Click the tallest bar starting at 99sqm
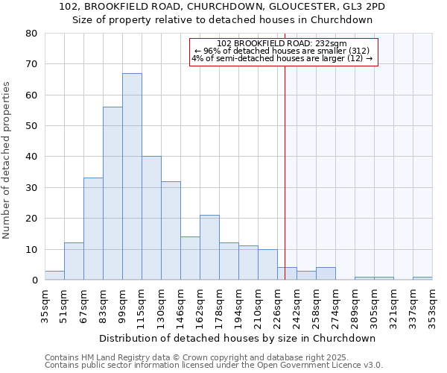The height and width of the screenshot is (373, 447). pos(132,177)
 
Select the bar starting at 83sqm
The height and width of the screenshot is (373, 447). pos(112,193)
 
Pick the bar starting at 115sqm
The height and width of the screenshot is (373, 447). pos(151,218)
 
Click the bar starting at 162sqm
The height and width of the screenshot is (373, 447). pos(209,248)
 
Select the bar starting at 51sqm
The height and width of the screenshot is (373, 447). pos(74,261)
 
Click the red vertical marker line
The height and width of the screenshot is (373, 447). pos(285,186)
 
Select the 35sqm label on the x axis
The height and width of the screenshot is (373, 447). pos(45,304)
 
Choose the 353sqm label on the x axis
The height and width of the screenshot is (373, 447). pos(432,304)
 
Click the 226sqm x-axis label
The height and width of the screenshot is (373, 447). pos(277,304)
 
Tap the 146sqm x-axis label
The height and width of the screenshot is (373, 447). pos(180,304)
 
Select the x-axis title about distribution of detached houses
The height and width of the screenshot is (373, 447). pos(237,338)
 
